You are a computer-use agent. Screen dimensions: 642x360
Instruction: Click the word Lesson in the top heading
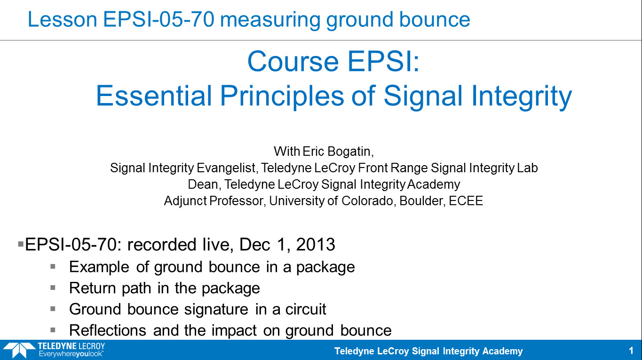coord(62,19)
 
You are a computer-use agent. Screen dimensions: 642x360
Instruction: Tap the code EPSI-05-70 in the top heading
coord(159,19)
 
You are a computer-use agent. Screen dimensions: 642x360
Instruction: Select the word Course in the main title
coord(293,61)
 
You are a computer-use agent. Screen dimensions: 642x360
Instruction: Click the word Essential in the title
coord(154,96)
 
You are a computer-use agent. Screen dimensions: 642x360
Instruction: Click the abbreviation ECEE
coord(466,201)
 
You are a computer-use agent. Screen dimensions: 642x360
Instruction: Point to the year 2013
coord(316,245)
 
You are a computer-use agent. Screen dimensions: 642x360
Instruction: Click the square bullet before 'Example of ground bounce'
coord(53,267)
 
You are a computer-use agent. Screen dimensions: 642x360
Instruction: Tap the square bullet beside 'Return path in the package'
coord(53,288)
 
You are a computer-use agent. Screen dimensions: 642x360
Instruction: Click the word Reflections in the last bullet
coord(108,330)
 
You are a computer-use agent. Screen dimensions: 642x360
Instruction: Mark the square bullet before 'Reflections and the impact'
coord(53,330)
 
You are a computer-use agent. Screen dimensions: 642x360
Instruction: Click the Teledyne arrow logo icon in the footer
coord(19,350)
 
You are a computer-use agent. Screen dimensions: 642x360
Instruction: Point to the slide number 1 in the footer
coord(631,351)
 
